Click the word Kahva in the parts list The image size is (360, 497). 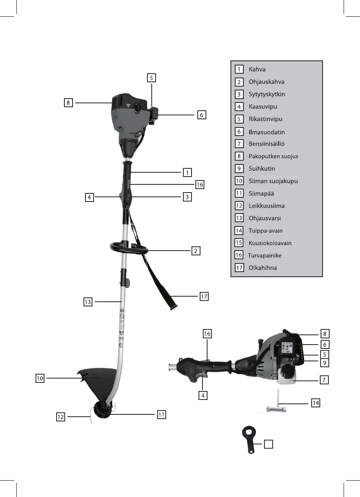coord(257,69)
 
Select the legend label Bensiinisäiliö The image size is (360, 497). coord(266,144)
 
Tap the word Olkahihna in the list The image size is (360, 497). coord(262,268)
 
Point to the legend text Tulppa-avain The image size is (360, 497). coord(266,230)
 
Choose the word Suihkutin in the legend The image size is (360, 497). coord(262,168)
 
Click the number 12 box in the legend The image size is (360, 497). coord(239,206)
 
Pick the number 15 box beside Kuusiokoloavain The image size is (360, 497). coord(239,243)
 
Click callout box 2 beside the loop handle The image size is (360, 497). coord(195,251)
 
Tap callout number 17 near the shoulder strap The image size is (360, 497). coord(204,297)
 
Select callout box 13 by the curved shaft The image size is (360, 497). coord(88,301)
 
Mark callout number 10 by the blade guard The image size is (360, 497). coord(40,378)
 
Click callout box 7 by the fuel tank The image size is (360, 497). coord(324,379)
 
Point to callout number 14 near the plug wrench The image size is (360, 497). coord(316,403)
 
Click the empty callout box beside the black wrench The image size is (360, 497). coord(268,444)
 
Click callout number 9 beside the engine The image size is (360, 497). coord(324,363)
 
